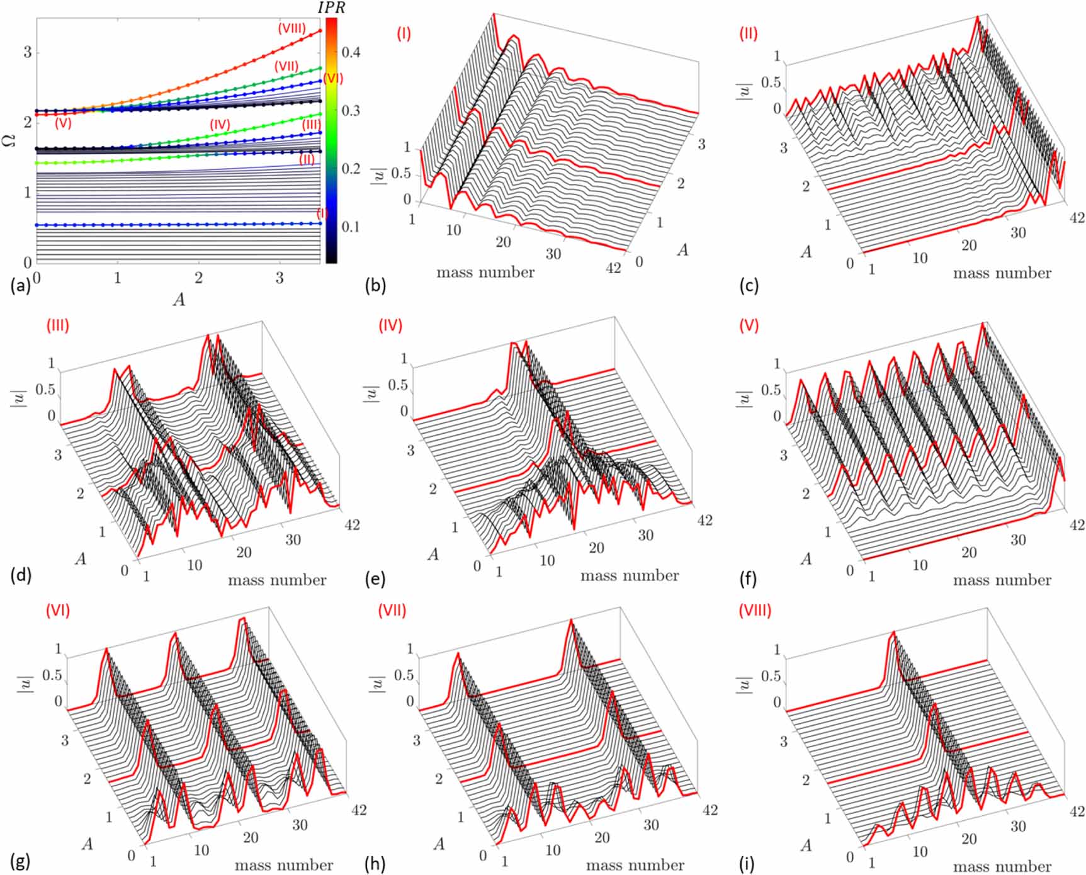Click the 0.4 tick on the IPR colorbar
[x=351, y=52]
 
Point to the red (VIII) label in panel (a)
[x=291, y=28]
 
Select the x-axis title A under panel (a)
[x=179, y=299]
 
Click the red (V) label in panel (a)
[x=63, y=124]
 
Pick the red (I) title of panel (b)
[x=404, y=33]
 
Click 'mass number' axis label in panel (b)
[x=485, y=272]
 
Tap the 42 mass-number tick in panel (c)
[x=1077, y=217]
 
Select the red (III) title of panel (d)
[x=57, y=325]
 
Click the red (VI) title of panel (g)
[x=57, y=610]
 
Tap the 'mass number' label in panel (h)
[x=635, y=865]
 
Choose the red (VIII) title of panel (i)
[x=754, y=610]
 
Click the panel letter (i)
[x=748, y=862]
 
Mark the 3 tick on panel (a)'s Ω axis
[x=27, y=52]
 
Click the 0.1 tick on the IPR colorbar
[x=351, y=227]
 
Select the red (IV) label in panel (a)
[x=220, y=124]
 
